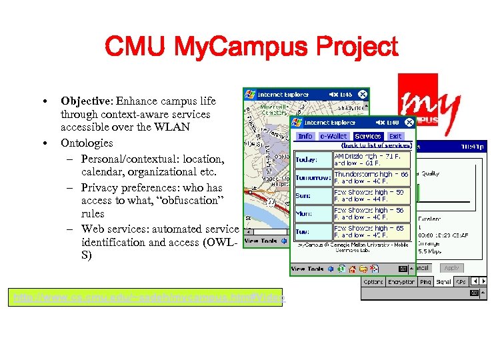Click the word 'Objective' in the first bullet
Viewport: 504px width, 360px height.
click(86, 101)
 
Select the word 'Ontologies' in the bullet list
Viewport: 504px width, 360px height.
click(87, 143)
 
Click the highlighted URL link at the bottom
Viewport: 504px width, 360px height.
click(147, 297)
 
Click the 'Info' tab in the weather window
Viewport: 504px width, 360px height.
click(305, 136)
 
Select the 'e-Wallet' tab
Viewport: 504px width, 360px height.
click(333, 136)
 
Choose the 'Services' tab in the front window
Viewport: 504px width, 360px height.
click(367, 136)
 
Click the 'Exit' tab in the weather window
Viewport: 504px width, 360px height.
click(395, 136)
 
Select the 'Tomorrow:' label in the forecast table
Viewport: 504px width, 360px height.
click(313, 178)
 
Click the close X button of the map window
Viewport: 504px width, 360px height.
click(362, 95)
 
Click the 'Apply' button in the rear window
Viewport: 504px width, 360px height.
click(451, 268)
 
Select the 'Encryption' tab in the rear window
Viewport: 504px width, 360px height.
click(401, 282)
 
